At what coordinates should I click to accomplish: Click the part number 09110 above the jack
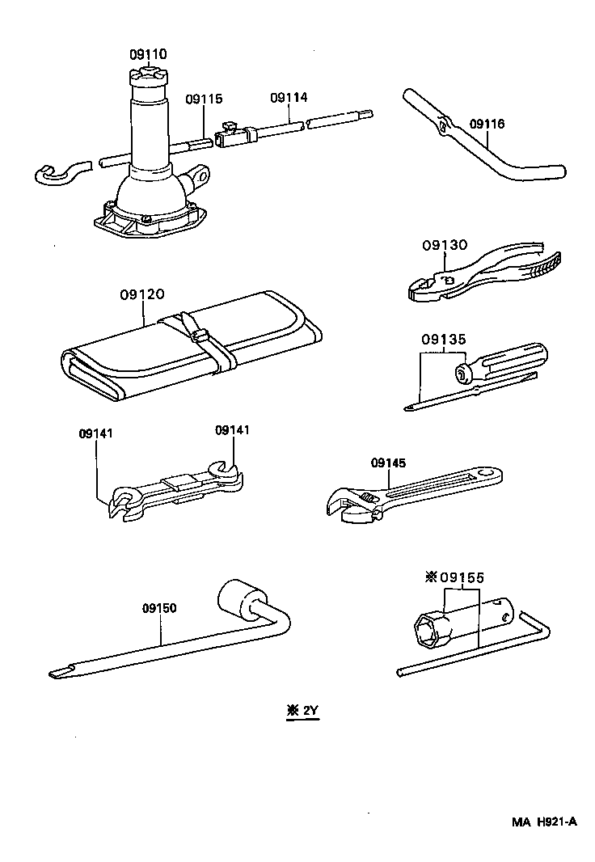pos(148,54)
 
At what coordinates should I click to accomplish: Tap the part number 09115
pos(203,99)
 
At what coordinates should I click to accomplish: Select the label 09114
pos(288,97)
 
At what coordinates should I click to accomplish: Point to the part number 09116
pos(487,124)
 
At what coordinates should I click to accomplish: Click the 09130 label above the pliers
pos(444,244)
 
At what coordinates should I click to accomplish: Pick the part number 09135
pos(443,340)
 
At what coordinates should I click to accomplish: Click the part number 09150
pos(159,608)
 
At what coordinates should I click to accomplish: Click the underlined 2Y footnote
pos(303,712)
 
